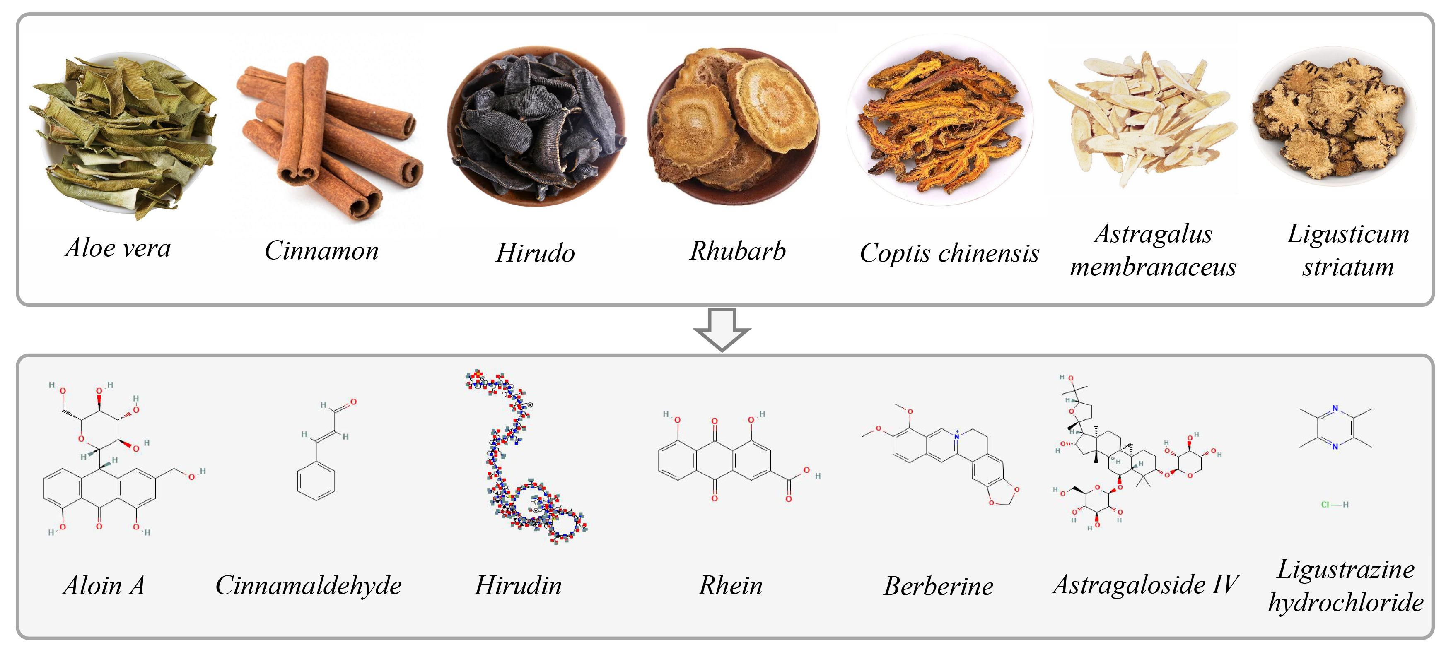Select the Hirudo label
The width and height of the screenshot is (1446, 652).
[535, 253]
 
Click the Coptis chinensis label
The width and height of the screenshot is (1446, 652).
[949, 253]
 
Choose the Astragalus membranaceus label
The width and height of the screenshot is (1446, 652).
[1153, 250]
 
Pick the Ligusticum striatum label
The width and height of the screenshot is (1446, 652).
[1348, 250]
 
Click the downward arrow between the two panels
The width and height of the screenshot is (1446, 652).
[722, 329]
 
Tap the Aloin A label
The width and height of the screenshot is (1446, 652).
[104, 586]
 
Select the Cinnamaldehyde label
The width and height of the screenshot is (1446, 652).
[308, 586]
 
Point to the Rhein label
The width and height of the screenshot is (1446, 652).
[730, 586]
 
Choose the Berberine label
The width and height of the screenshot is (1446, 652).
[938, 586]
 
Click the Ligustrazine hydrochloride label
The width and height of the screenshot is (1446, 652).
[1345, 586]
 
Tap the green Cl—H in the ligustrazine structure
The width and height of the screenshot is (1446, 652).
[1334, 505]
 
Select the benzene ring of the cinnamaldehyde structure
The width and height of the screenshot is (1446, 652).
[316, 481]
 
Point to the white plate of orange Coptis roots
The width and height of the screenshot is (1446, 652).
[940, 120]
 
